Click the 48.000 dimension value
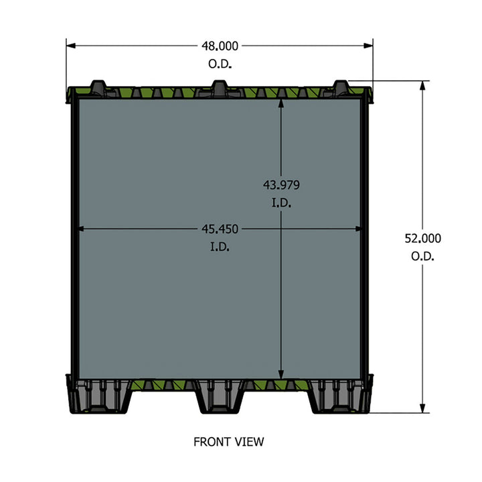tap(220, 46)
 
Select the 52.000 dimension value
tap(422, 238)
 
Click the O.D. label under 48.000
tap(220, 65)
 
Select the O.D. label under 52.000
tap(422, 256)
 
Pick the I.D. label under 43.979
tap(281, 203)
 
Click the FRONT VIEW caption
tap(229, 441)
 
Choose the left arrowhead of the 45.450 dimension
tap(82, 229)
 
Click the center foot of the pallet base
tap(220, 398)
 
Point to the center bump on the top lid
tap(219, 86)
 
